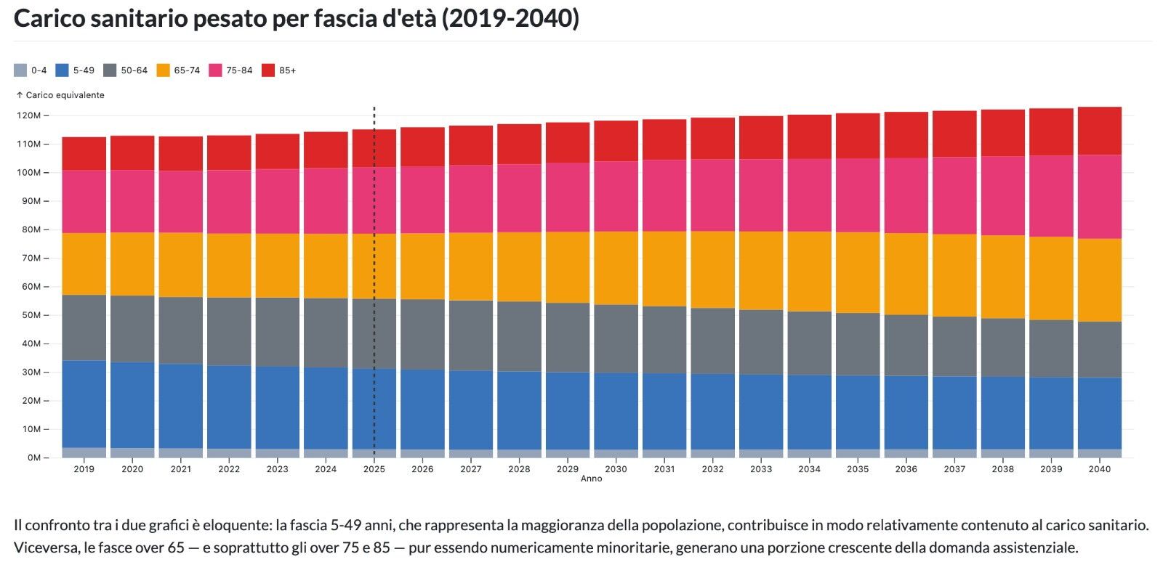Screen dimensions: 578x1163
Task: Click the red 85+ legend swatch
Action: click(268, 70)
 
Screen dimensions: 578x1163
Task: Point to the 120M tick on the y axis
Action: click(29, 115)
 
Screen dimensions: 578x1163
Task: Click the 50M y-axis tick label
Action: click(29, 315)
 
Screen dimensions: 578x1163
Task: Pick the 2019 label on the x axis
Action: click(84, 469)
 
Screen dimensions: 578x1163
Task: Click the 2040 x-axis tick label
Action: click(1099, 469)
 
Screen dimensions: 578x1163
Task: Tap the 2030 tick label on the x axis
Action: click(616, 469)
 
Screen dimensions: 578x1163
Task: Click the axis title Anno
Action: click(591, 479)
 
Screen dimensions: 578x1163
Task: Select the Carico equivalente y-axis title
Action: click(65, 95)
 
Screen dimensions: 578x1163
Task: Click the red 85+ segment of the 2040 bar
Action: click(1099, 131)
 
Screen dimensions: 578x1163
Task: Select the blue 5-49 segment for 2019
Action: click(84, 404)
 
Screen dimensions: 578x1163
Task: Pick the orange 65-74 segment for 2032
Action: click(712, 269)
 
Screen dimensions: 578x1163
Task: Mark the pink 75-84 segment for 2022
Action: click(229, 202)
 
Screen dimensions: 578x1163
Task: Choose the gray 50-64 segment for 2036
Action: click(906, 345)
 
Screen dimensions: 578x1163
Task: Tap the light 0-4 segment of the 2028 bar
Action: click(519, 454)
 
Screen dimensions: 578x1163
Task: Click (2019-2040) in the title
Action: click(510, 19)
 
